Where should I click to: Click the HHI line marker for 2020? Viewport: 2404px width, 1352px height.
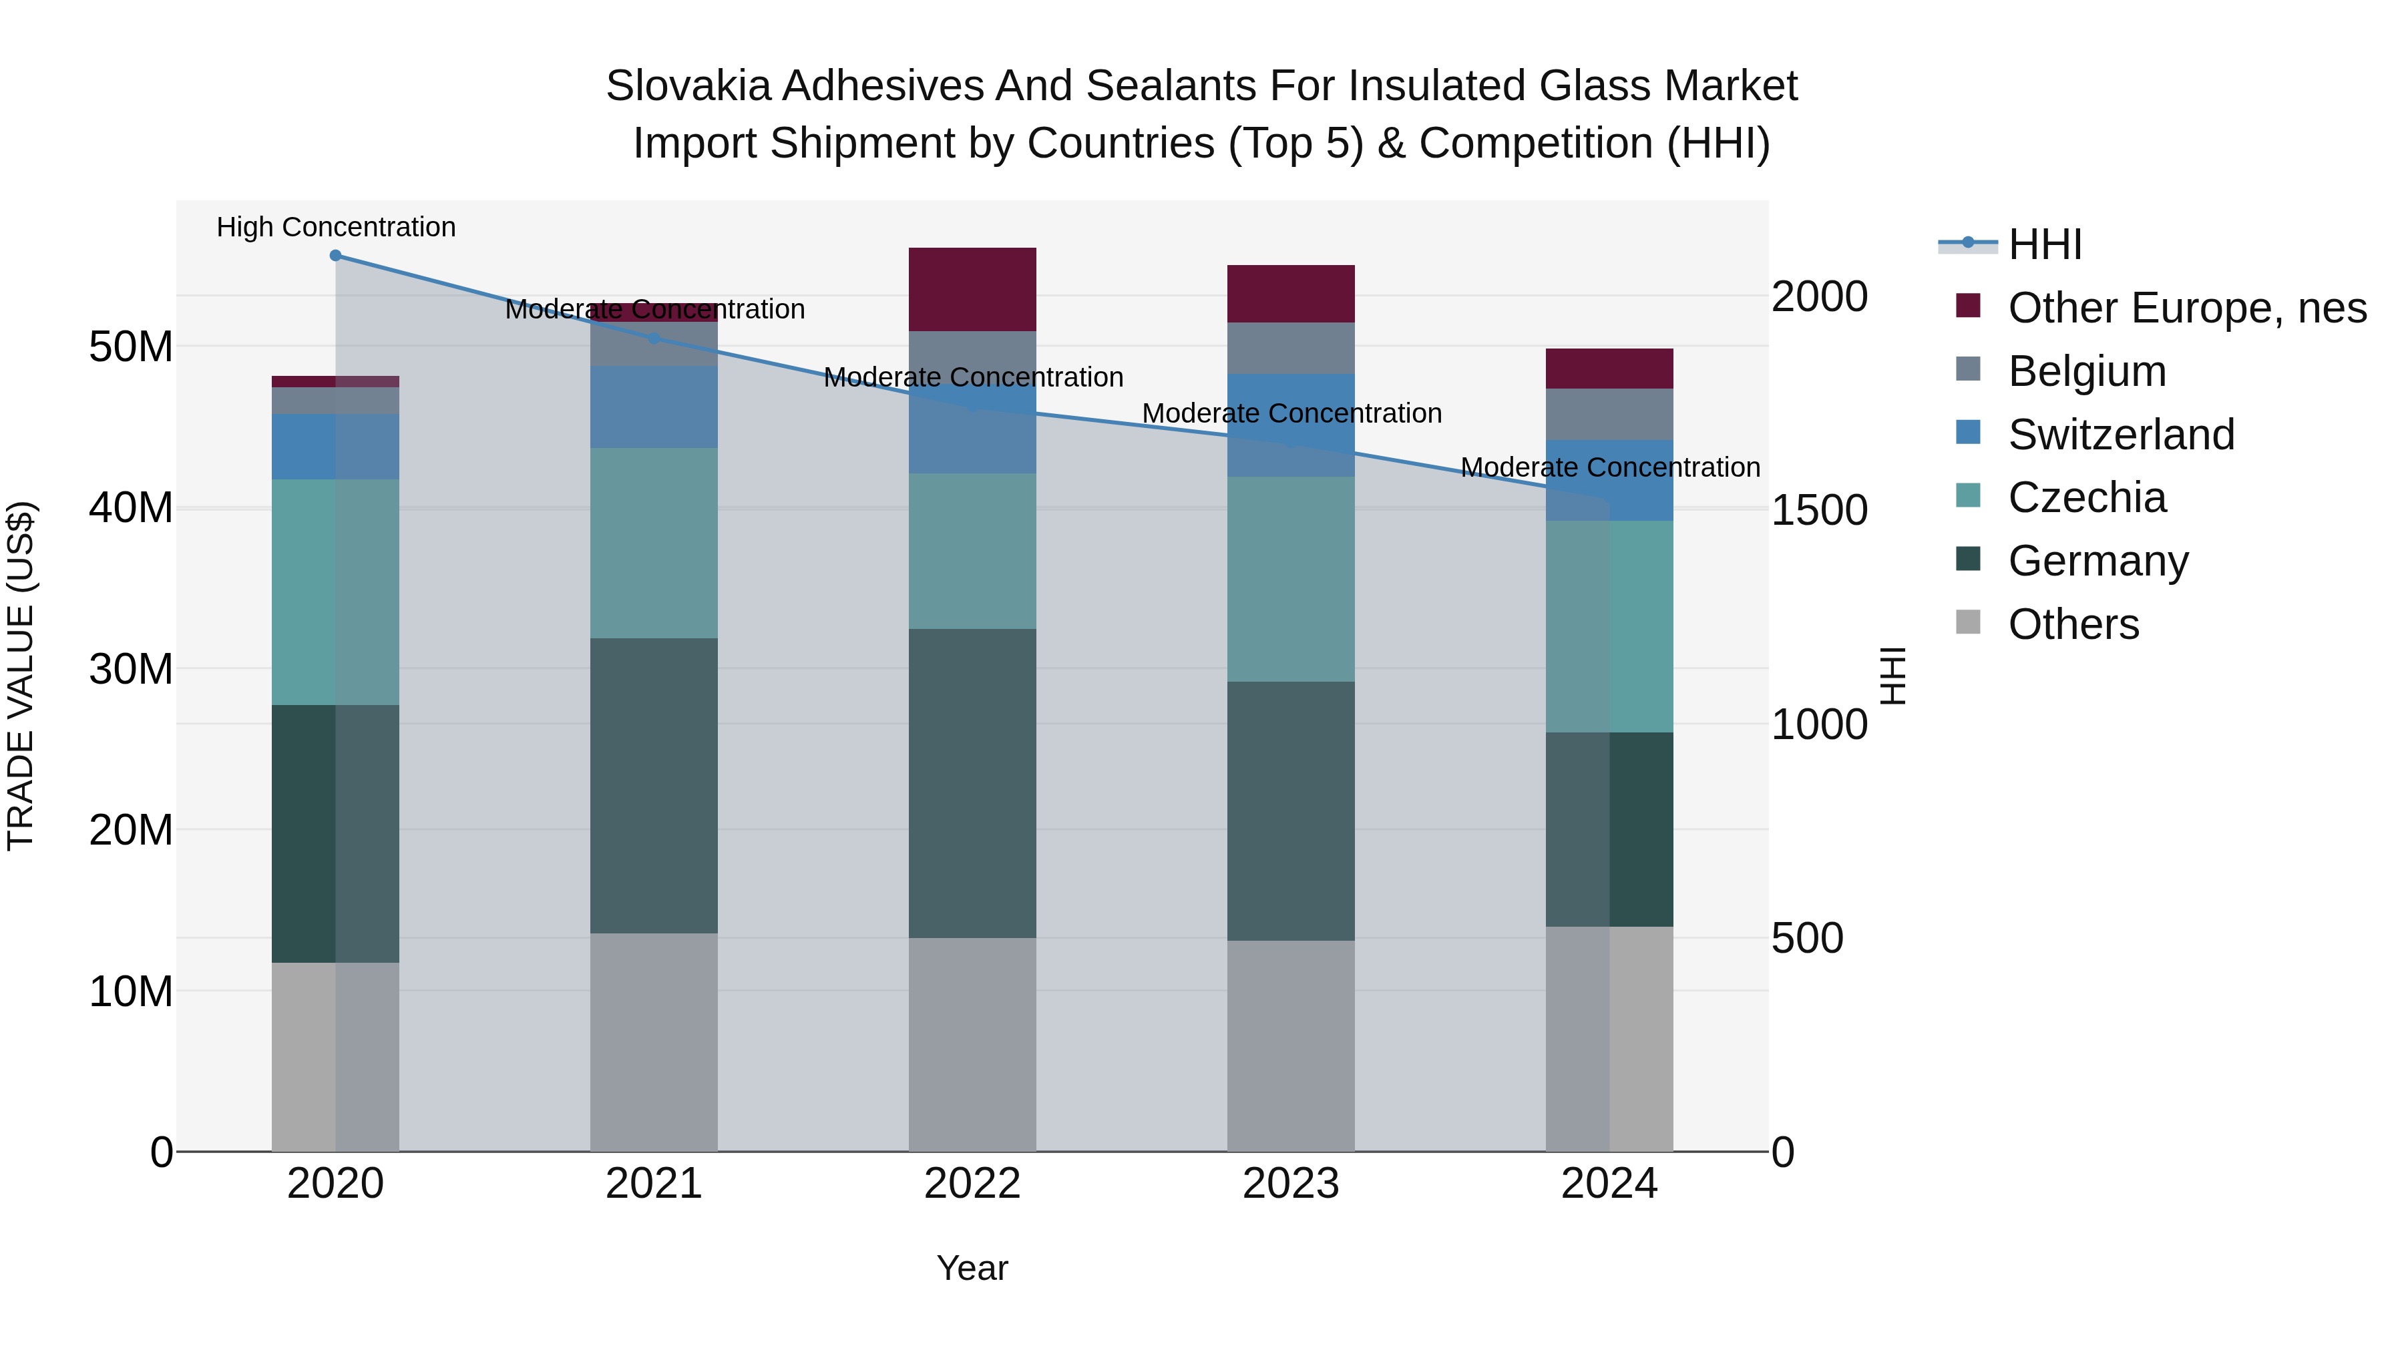coord(335,256)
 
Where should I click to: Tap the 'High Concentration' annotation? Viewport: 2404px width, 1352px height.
coord(336,228)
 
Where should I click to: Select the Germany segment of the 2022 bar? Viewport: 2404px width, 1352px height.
coord(972,783)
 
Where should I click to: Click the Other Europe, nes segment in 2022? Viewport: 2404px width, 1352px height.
coord(972,289)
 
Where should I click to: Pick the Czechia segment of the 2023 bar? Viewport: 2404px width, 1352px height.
coord(1291,578)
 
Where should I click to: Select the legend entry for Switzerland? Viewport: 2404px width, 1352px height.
coord(2120,435)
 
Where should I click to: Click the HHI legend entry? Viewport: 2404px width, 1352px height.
coord(2044,244)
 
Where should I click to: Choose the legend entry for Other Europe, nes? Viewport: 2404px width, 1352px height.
coord(2186,308)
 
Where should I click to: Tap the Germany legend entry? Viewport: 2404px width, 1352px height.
coord(2097,561)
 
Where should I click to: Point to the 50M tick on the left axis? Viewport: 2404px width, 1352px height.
coord(131,347)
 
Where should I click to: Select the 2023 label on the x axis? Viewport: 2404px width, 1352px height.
coord(1291,1184)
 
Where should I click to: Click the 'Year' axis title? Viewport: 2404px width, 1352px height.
coord(972,1268)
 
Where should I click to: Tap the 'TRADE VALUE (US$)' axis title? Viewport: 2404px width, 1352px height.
coord(21,676)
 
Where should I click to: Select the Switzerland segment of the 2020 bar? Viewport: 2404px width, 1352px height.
coord(335,447)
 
